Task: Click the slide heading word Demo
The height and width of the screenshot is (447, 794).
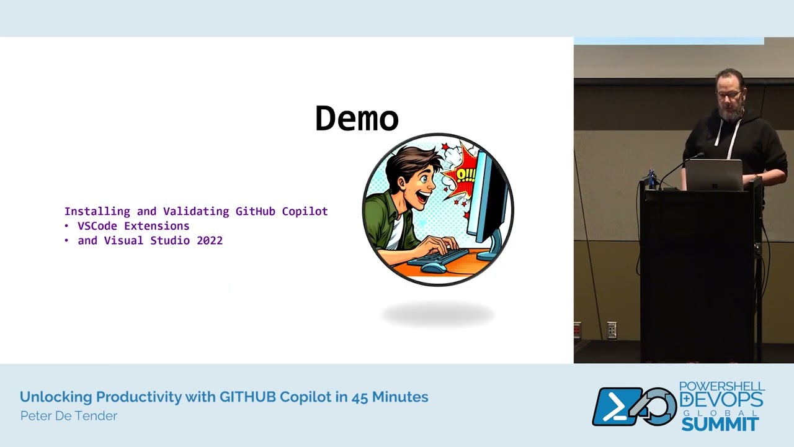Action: [x=357, y=118]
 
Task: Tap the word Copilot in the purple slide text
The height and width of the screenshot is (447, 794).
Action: [x=305, y=212]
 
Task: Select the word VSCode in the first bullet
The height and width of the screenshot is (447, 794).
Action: [x=97, y=226]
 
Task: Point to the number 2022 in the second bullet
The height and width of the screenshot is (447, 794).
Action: [x=210, y=241]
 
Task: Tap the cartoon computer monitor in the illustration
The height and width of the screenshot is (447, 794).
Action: [x=487, y=199]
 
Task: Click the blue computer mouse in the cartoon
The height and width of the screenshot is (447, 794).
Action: [x=433, y=268]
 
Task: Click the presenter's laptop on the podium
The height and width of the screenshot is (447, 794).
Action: [x=713, y=174]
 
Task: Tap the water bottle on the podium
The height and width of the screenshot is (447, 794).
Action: [x=651, y=179]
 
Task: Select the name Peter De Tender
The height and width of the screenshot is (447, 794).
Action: [x=68, y=416]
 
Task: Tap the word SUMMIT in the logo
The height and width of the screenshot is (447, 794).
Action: [x=720, y=425]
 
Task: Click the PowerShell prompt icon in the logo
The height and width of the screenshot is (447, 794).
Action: [x=617, y=407]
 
